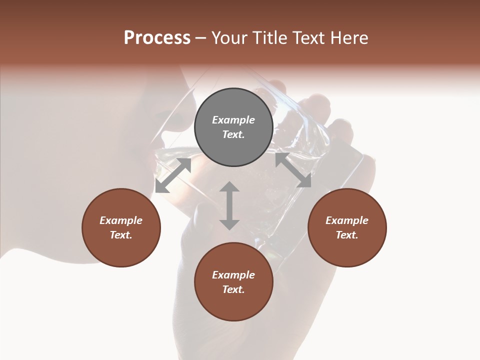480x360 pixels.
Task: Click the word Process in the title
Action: (157, 38)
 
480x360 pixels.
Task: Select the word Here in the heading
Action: (348, 38)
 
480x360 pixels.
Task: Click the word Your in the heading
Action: (228, 38)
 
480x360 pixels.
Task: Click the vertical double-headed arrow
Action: (229, 205)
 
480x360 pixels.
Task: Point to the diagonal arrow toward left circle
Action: (173, 175)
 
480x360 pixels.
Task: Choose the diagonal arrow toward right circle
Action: (293, 170)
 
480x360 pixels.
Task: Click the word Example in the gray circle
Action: (233, 120)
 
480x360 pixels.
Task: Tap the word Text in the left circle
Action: (121, 235)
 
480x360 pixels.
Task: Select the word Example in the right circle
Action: (347, 220)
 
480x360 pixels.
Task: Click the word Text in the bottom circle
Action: (233, 289)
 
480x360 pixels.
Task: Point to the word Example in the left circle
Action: (121, 220)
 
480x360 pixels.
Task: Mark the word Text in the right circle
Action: (347, 235)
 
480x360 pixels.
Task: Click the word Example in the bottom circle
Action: (233, 275)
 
